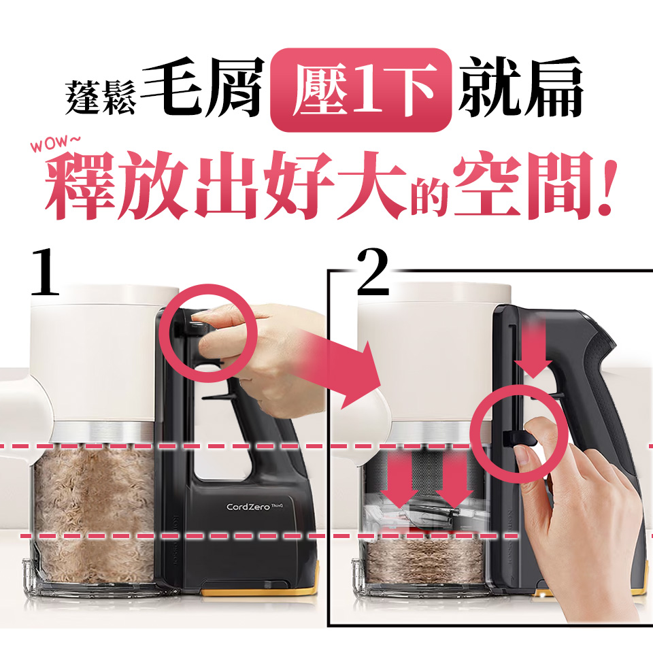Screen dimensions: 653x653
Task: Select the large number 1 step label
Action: (x=46, y=273)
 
